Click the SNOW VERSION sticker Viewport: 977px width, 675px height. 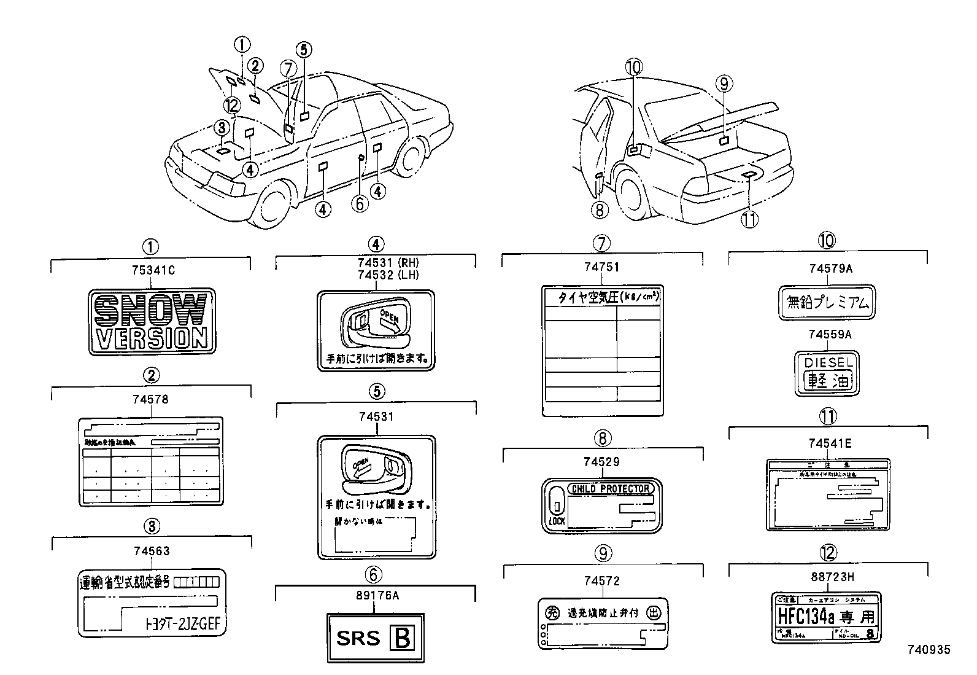click(x=152, y=321)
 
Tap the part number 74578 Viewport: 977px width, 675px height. click(x=150, y=399)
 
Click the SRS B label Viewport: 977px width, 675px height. click(x=376, y=638)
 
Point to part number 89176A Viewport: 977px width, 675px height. click(x=376, y=595)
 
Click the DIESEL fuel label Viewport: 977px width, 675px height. click(x=827, y=373)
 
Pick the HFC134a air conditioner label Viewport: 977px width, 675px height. click(x=826, y=617)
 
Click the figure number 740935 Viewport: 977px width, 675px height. click(x=929, y=649)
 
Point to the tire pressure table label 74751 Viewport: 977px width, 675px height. click(x=603, y=350)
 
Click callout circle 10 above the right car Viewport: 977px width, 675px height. click(x=634, y=66)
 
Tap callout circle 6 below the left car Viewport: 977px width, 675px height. click(x=360, y=203)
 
